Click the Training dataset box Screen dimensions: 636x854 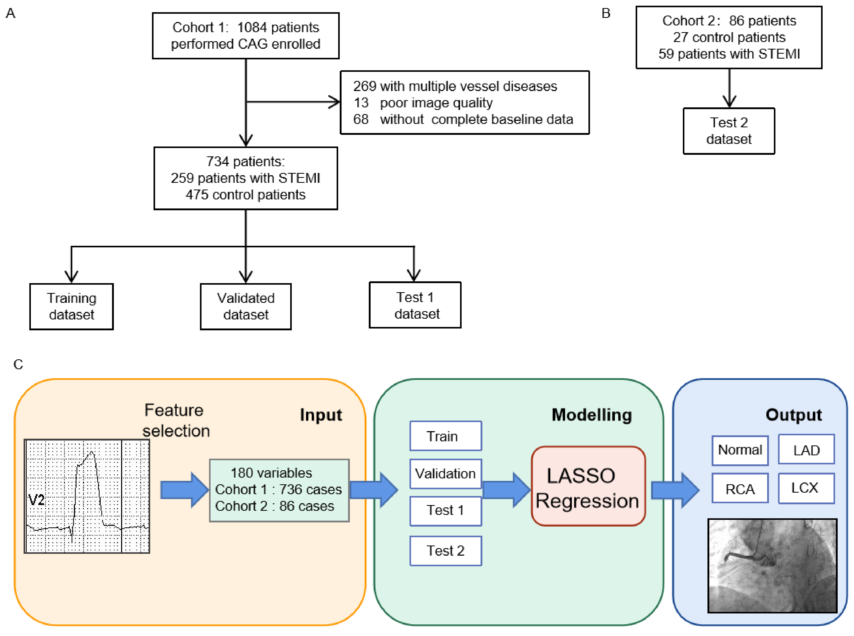pos(71,306)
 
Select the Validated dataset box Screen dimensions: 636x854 pos(245,306)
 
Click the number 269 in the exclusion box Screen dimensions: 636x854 pos(364,86)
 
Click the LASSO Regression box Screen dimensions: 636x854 pos(588,486)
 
